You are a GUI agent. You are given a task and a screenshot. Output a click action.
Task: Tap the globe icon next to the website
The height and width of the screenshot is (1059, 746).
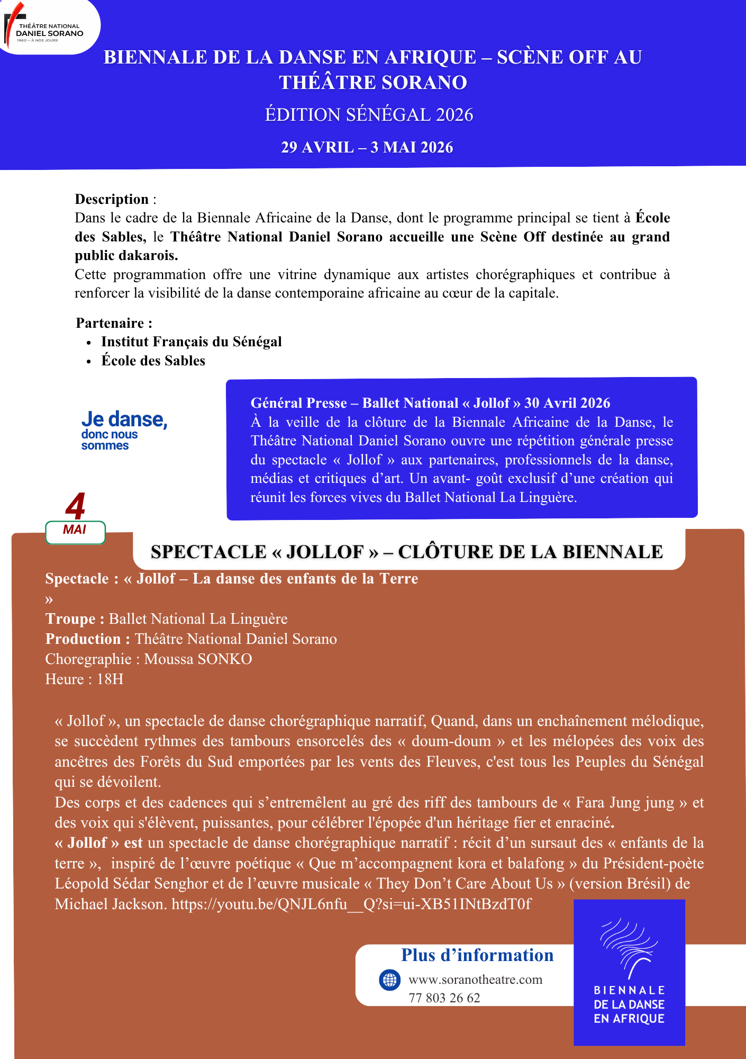[390, 980]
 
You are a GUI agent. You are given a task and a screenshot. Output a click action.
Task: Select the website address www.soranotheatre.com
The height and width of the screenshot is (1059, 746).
[475, 980]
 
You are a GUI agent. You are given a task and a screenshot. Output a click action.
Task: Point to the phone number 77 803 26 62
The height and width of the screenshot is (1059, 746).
[444, 998]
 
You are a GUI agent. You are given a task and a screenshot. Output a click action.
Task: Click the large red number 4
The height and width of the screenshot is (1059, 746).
[76, 506]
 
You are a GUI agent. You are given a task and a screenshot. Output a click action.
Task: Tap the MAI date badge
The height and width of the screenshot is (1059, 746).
[75, 532]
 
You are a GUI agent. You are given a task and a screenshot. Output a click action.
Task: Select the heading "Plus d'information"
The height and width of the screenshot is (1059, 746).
[477, 955]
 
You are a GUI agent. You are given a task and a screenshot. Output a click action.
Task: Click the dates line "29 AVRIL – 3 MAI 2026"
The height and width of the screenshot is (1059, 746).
[367, 147]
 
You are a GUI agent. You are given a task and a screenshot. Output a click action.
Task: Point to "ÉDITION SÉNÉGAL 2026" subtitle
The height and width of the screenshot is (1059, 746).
[369, 115]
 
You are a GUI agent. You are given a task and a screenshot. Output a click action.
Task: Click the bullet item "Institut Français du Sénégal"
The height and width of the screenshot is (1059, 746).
[192, 342]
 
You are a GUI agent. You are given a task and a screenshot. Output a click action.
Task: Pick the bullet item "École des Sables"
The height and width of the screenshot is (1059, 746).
[153, 361]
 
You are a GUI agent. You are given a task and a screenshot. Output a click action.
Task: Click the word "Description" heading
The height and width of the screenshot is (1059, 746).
[112, 200]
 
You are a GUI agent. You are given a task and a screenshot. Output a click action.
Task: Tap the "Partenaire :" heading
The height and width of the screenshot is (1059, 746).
[114, 323]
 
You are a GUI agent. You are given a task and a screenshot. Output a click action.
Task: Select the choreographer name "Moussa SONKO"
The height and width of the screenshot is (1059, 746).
[198, 659]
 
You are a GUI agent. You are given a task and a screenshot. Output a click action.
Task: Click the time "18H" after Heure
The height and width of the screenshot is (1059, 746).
[110, 679]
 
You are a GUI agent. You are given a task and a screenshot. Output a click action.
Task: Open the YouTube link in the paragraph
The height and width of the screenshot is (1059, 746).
[351, 904]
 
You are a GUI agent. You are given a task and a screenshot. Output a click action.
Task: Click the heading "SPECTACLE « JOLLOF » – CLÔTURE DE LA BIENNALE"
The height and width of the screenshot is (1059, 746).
[406, 552]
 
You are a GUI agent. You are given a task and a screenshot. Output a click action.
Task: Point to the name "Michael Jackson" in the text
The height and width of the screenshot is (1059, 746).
[111, 904]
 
